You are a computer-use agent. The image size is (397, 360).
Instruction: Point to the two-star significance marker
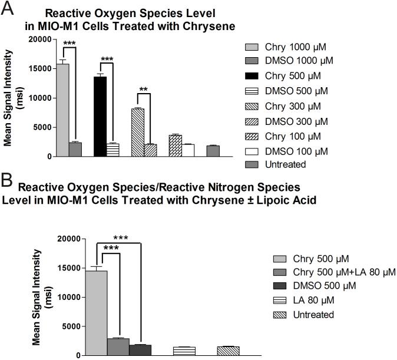[144, 90]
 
